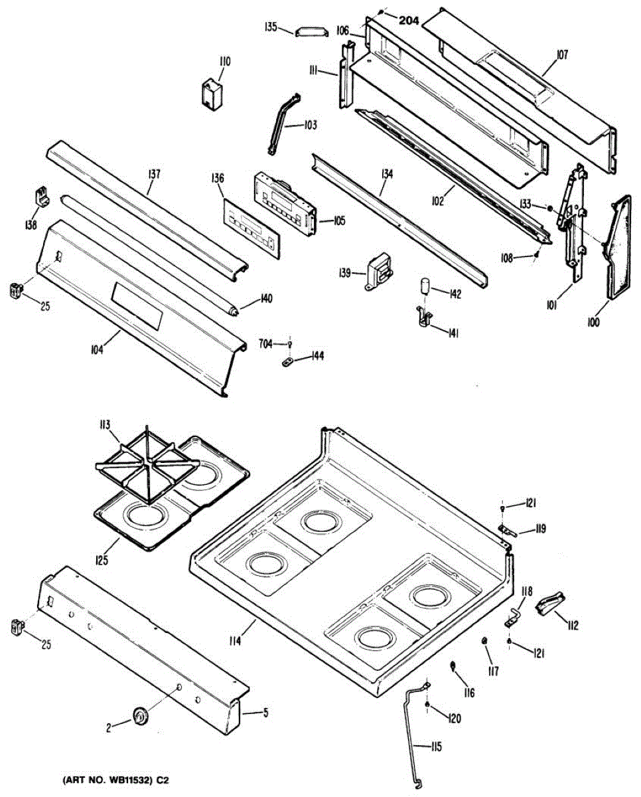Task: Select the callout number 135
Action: (270, 27)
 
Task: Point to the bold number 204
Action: (409, 21)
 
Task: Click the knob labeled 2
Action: (141, 717)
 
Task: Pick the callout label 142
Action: (455, 293)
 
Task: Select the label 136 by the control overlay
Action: (218, 178)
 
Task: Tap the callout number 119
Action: (540, 529)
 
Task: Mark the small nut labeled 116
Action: (453, 666)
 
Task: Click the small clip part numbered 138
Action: (41, 196)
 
